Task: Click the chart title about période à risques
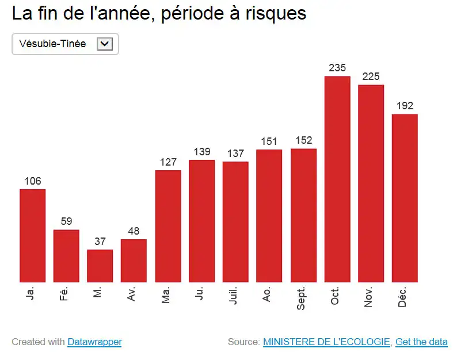(159, 14)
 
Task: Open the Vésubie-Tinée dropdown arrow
(104, 44)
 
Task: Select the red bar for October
(337, 179)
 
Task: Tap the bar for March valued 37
(100, 266)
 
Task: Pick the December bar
(405, 198)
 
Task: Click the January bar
(33, 235)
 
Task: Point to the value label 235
(337, 68)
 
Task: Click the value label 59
(66, 221)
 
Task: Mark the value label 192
(405, 106)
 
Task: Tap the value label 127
(168, 162)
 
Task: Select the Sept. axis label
(302, 298)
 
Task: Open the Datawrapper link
(94, 342)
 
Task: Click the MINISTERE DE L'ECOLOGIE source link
(326, 342)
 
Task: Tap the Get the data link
(421, 342)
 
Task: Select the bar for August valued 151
(269, 216)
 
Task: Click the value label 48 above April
(134, 231)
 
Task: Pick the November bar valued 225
(371, 183)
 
